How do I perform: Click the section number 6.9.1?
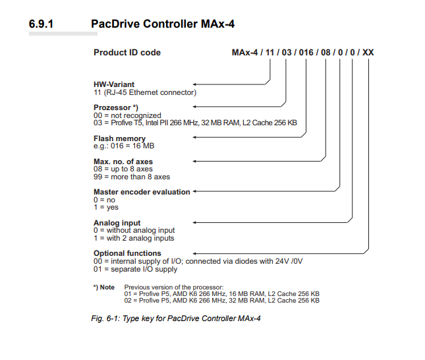(x=41, y=24)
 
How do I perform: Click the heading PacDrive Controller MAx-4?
(x=162, y=24)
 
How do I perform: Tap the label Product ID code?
(x=127, y=53)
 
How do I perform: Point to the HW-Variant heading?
(x=115, y=84)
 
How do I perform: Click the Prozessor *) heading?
(x=116, y=107)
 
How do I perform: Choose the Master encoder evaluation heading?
(x=142, y=192)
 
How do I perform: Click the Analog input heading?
(x=117, y=223)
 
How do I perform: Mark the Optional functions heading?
(x=127, y=253)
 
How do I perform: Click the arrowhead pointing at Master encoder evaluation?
(x=195, y=192)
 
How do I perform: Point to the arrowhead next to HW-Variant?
(x=195, y=84)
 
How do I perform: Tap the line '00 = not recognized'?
(x=127, y=115)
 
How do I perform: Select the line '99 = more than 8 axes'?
(x=132, y=177)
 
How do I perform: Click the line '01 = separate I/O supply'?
(x=135, y=269)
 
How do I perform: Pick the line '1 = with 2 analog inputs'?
(x=134, y=238)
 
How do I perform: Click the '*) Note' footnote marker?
(x=104, y=287)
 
